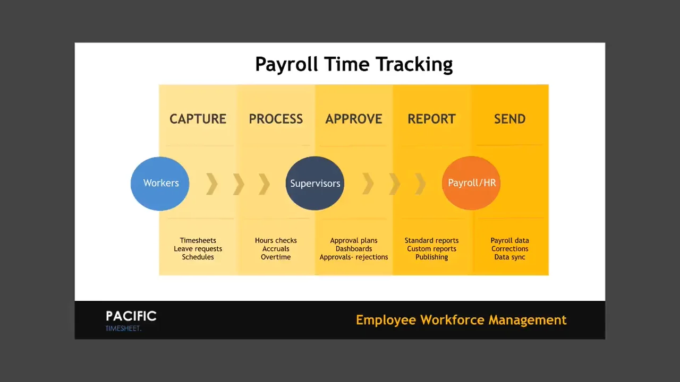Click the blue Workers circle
pos(160,184)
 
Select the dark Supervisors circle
pos(315,183)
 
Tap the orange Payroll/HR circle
pos(471,183)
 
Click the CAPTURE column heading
pos(198,119)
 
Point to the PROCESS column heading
pos(276,119)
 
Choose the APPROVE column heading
pos(354,119)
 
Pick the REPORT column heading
pos(432,119)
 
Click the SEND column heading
pos(509,119)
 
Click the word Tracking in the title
pos(414,64)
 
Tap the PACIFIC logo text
pos(131,316)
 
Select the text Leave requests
pos(198,249)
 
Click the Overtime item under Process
pos(276,257)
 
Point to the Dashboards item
pos(354,249)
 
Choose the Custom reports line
pos(432,249)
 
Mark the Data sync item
pos(509,257)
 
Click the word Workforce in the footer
pos(452,320)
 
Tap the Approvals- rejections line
pos(354,257)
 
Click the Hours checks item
pos(276,240)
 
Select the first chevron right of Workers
pos(212,184)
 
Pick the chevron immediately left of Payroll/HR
pos(420,184)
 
